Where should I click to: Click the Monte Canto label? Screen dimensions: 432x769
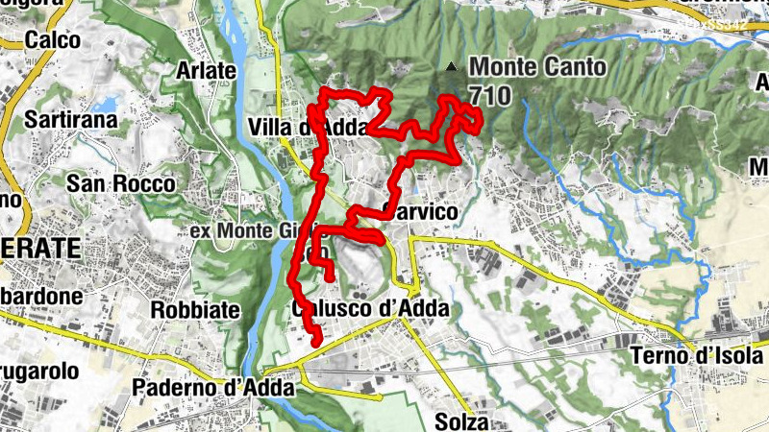[537, 68]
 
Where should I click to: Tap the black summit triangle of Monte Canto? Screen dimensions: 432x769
[452, 66]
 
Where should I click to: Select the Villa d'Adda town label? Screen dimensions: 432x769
[289, 128]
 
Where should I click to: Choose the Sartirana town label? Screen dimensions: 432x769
[71, 121]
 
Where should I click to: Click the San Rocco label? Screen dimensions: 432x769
[121, 183]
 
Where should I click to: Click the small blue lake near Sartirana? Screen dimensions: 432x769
[105, 102]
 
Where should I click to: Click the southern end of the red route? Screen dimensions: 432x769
[317, 341]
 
